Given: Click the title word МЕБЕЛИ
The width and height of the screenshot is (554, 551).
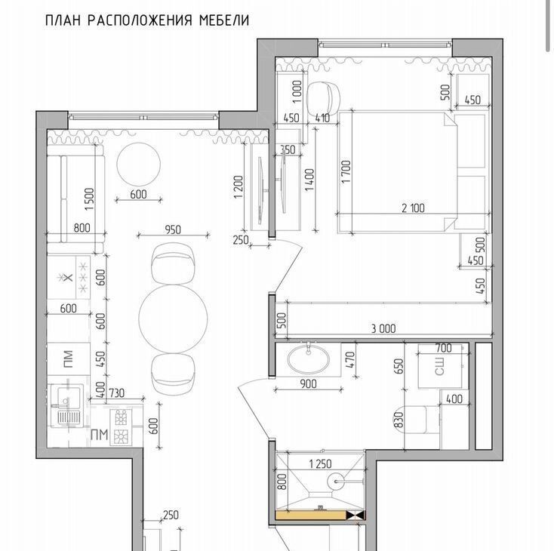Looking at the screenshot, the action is (224, 20).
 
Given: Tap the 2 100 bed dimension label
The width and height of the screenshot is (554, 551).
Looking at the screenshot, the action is (413, 208).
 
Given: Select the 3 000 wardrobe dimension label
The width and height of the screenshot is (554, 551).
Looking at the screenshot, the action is (383, 328).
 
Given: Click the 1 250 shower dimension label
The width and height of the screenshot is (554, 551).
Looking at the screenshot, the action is (320, 463).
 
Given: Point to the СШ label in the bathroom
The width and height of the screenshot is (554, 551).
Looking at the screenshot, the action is (439, 366).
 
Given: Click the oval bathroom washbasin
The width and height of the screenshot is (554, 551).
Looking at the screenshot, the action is (309, 359).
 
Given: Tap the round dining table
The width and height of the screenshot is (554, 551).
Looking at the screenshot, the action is (173, 318).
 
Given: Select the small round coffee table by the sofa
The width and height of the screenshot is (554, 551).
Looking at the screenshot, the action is (139, 164).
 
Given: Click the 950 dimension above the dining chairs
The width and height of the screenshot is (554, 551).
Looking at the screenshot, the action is (173, 229).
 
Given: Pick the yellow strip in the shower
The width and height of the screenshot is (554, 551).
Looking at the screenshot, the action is (310, 515).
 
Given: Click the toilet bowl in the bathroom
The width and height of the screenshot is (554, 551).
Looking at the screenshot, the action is (416, 420).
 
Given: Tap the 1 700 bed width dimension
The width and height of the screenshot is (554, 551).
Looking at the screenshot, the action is (346, 171).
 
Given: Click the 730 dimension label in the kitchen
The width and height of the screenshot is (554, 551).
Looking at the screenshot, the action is (116, 393).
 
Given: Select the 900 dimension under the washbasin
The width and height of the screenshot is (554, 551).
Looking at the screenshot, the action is (308, 383).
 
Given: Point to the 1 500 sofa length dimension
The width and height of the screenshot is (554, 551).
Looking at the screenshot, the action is (89, 199).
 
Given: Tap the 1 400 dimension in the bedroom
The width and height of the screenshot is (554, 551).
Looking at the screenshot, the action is (309, 180).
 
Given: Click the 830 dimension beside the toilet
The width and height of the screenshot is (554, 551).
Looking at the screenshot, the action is (399, 420).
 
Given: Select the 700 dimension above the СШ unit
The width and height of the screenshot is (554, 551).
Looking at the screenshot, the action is (443, 348).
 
